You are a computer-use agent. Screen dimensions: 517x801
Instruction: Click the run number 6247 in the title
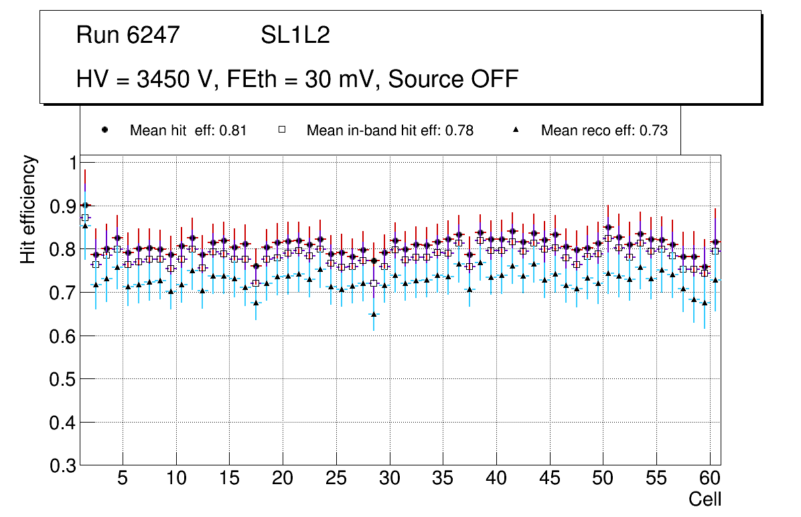point(153,35)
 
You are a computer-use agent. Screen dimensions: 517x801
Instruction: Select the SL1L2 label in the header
point(295,35)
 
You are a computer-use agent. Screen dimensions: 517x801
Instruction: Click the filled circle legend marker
point(104,130)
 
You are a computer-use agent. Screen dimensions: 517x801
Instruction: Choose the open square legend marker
point(281,130)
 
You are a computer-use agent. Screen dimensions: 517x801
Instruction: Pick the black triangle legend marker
point(516,130)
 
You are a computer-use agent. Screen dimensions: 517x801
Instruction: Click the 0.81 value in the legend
point(234,131)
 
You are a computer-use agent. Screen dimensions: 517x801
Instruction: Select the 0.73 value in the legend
point(654,131)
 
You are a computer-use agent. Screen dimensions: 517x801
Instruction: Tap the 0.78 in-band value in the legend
point(461,131)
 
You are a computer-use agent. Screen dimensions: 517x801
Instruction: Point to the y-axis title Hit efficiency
point(28,209)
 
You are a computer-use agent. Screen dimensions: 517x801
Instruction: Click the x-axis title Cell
point(705,500)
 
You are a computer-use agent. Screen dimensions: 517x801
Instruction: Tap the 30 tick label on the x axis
point(389,479)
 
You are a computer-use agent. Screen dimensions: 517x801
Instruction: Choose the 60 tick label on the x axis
point(710,479)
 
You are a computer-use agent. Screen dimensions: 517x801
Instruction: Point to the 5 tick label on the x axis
point(123,479)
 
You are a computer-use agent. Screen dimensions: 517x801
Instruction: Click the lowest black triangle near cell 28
point(374,314)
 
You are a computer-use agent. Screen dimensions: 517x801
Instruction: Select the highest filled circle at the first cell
point(84,206)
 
